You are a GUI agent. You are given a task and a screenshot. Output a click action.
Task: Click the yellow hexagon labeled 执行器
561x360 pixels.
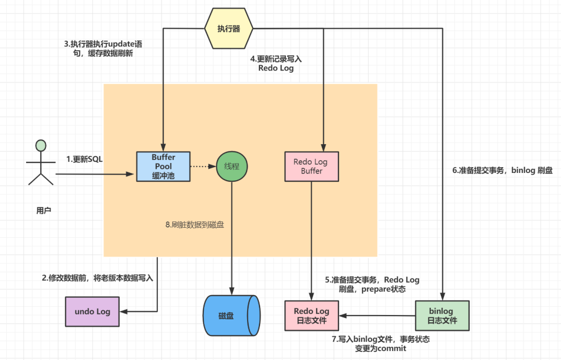229,28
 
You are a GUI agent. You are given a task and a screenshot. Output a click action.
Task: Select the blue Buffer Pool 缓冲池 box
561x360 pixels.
163,167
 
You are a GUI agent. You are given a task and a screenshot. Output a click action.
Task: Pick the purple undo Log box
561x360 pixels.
92,312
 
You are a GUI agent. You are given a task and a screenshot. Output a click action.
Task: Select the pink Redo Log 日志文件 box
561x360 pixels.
311,316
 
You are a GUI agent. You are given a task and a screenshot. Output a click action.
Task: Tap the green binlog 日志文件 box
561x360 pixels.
443,316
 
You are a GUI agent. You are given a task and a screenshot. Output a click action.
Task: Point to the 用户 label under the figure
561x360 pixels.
44,211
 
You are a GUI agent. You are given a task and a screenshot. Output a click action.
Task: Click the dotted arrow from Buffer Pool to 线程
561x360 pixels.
203,167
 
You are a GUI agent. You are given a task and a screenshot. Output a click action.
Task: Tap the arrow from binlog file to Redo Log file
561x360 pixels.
377,316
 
